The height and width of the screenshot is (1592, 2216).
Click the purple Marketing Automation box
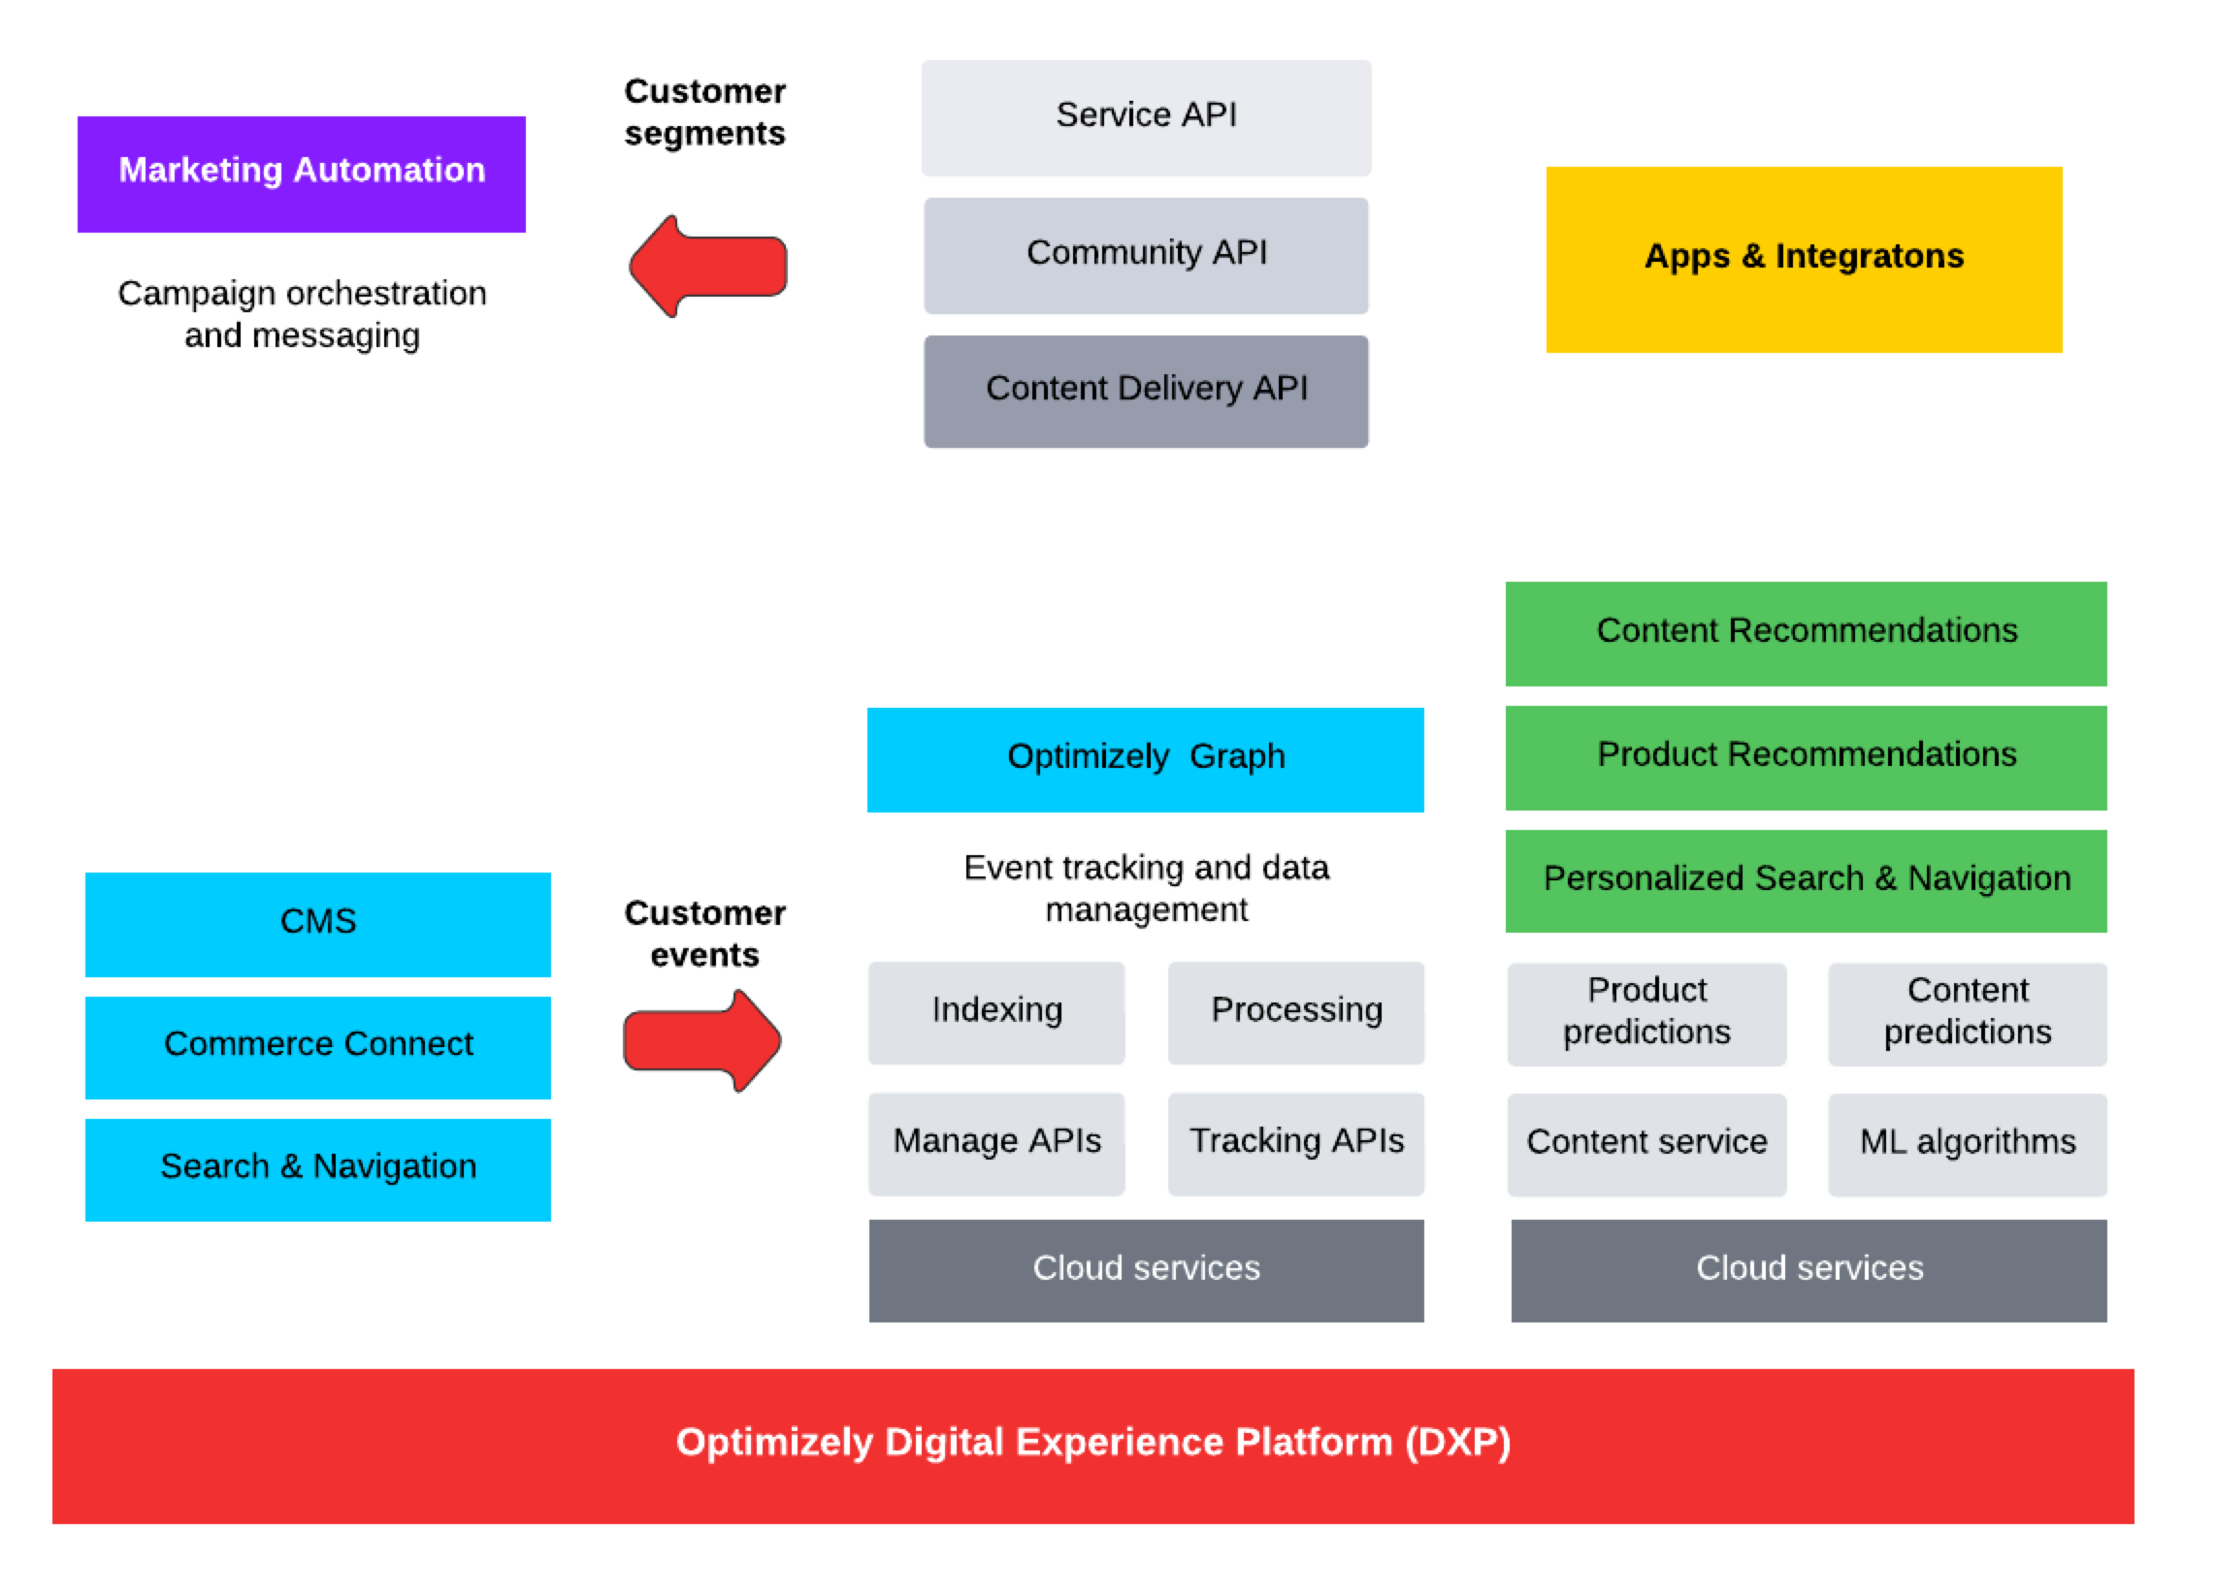(301, 174)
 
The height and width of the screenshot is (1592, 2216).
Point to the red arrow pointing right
(702, 1040)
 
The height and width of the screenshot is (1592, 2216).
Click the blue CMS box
(317, 923)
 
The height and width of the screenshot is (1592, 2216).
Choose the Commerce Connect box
(317, 1046)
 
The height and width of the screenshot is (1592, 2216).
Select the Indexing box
(995, 1012)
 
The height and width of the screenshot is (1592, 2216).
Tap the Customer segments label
(704, 112)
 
